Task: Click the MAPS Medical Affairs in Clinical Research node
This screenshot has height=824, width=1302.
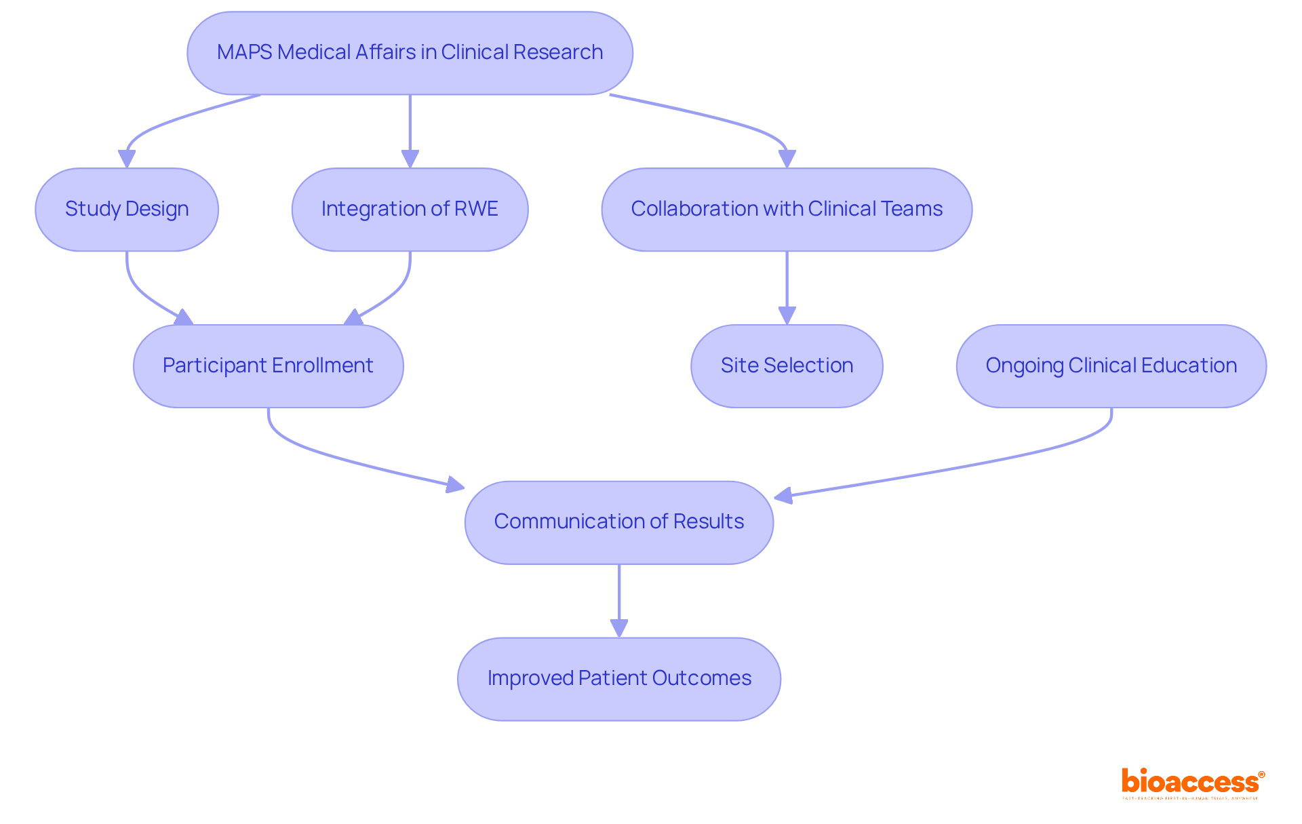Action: pos(410,53)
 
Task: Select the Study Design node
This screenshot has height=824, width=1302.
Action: pos(127,209)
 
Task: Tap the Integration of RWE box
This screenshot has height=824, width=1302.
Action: pos(410,209)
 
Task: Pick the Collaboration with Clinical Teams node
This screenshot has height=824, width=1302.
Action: pos(787,209)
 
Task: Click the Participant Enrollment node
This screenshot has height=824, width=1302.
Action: pos(268,366)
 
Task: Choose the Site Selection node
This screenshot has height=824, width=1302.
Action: pos(787,366)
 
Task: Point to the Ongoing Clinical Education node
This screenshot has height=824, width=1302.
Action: pos(1111,366)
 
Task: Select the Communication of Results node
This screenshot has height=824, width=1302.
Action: pos(618,522)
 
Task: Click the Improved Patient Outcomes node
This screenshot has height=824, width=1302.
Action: pos(618,678)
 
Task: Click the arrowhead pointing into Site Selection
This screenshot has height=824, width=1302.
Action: pos(787,315)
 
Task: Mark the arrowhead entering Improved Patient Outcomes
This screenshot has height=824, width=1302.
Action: pos(618,628)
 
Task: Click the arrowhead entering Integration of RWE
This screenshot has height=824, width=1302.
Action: pos(410,159)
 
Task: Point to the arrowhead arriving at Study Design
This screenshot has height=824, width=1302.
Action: pos(127,159)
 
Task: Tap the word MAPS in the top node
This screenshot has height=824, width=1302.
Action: pos(244,53)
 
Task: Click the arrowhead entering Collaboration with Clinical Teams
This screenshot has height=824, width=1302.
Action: pos(787,159)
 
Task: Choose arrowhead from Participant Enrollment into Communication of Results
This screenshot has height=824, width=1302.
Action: pos(455,485)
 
